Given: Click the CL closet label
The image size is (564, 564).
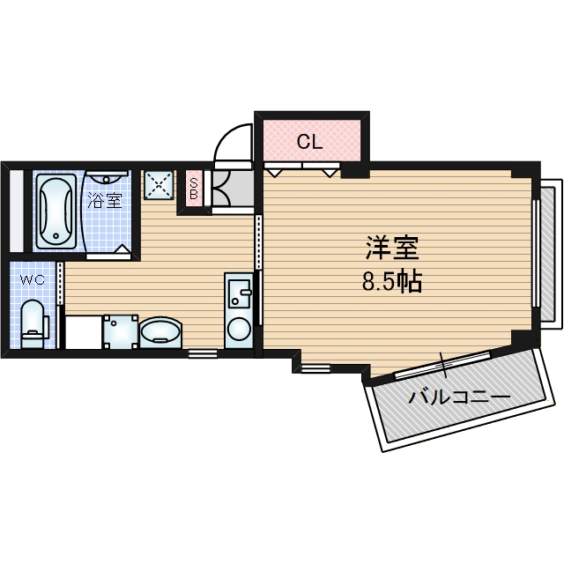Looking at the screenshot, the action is (309, 142).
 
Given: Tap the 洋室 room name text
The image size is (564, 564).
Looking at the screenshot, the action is (392, 249).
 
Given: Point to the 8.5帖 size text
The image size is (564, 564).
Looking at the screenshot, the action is (391, 282).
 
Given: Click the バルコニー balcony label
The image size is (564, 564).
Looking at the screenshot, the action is (459, 397).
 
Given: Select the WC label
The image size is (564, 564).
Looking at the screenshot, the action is (32, 279).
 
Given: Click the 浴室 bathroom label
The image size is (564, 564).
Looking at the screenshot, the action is (105, 201).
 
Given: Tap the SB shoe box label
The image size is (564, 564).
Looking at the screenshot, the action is (194, 189).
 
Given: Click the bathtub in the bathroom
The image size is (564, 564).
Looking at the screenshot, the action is (56, 211).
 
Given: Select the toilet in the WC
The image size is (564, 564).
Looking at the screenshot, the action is (33, 323).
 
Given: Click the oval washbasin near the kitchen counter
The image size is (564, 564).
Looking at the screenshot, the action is (160, 332).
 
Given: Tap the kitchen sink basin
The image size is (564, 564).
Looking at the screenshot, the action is (239, 293).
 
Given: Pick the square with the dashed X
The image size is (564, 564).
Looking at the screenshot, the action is (159, 185).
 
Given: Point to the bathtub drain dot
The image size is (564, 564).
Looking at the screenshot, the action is (56, 236).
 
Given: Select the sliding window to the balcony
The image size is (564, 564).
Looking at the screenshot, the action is (442, 365).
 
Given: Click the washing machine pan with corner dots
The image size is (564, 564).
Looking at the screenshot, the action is (121, 331).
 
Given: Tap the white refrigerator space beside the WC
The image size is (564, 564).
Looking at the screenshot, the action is (84, 332).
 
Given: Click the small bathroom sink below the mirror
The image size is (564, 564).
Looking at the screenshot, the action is (106, 177).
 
